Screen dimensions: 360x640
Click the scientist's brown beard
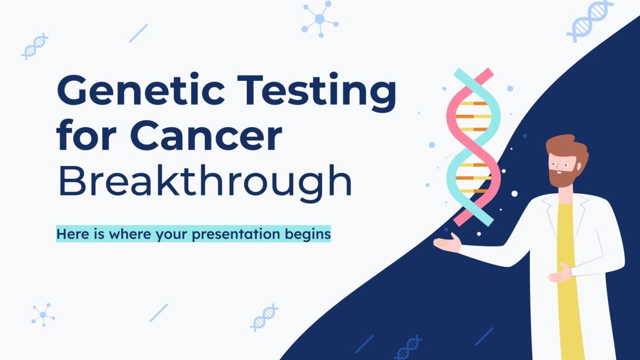coord(561,177)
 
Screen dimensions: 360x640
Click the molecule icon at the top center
coord(320,19)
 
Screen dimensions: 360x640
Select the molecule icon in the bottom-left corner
coord(43,315)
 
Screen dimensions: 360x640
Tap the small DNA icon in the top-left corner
coord(35,46)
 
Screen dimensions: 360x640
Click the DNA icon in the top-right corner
coord(589,20)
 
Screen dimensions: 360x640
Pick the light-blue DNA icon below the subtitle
coord(264,317)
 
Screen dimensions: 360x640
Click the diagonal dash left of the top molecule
coord(138,33)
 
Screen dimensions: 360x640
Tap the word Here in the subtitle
coord(70,234)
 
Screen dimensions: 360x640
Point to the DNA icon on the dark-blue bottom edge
coord(408,348)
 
